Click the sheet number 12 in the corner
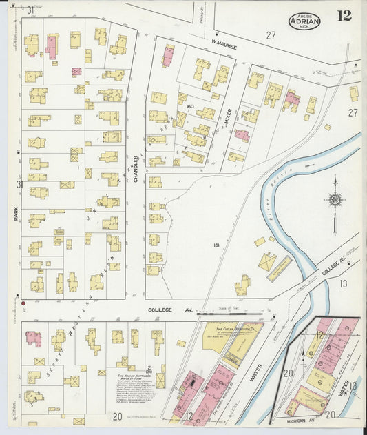pyautogui.click(x=344, y=15)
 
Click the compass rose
pyautogui.click(x=335, y=201)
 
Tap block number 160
pyautogui.click(x=181, y=105)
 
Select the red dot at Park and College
pyautogui.click(x=23, y=303)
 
